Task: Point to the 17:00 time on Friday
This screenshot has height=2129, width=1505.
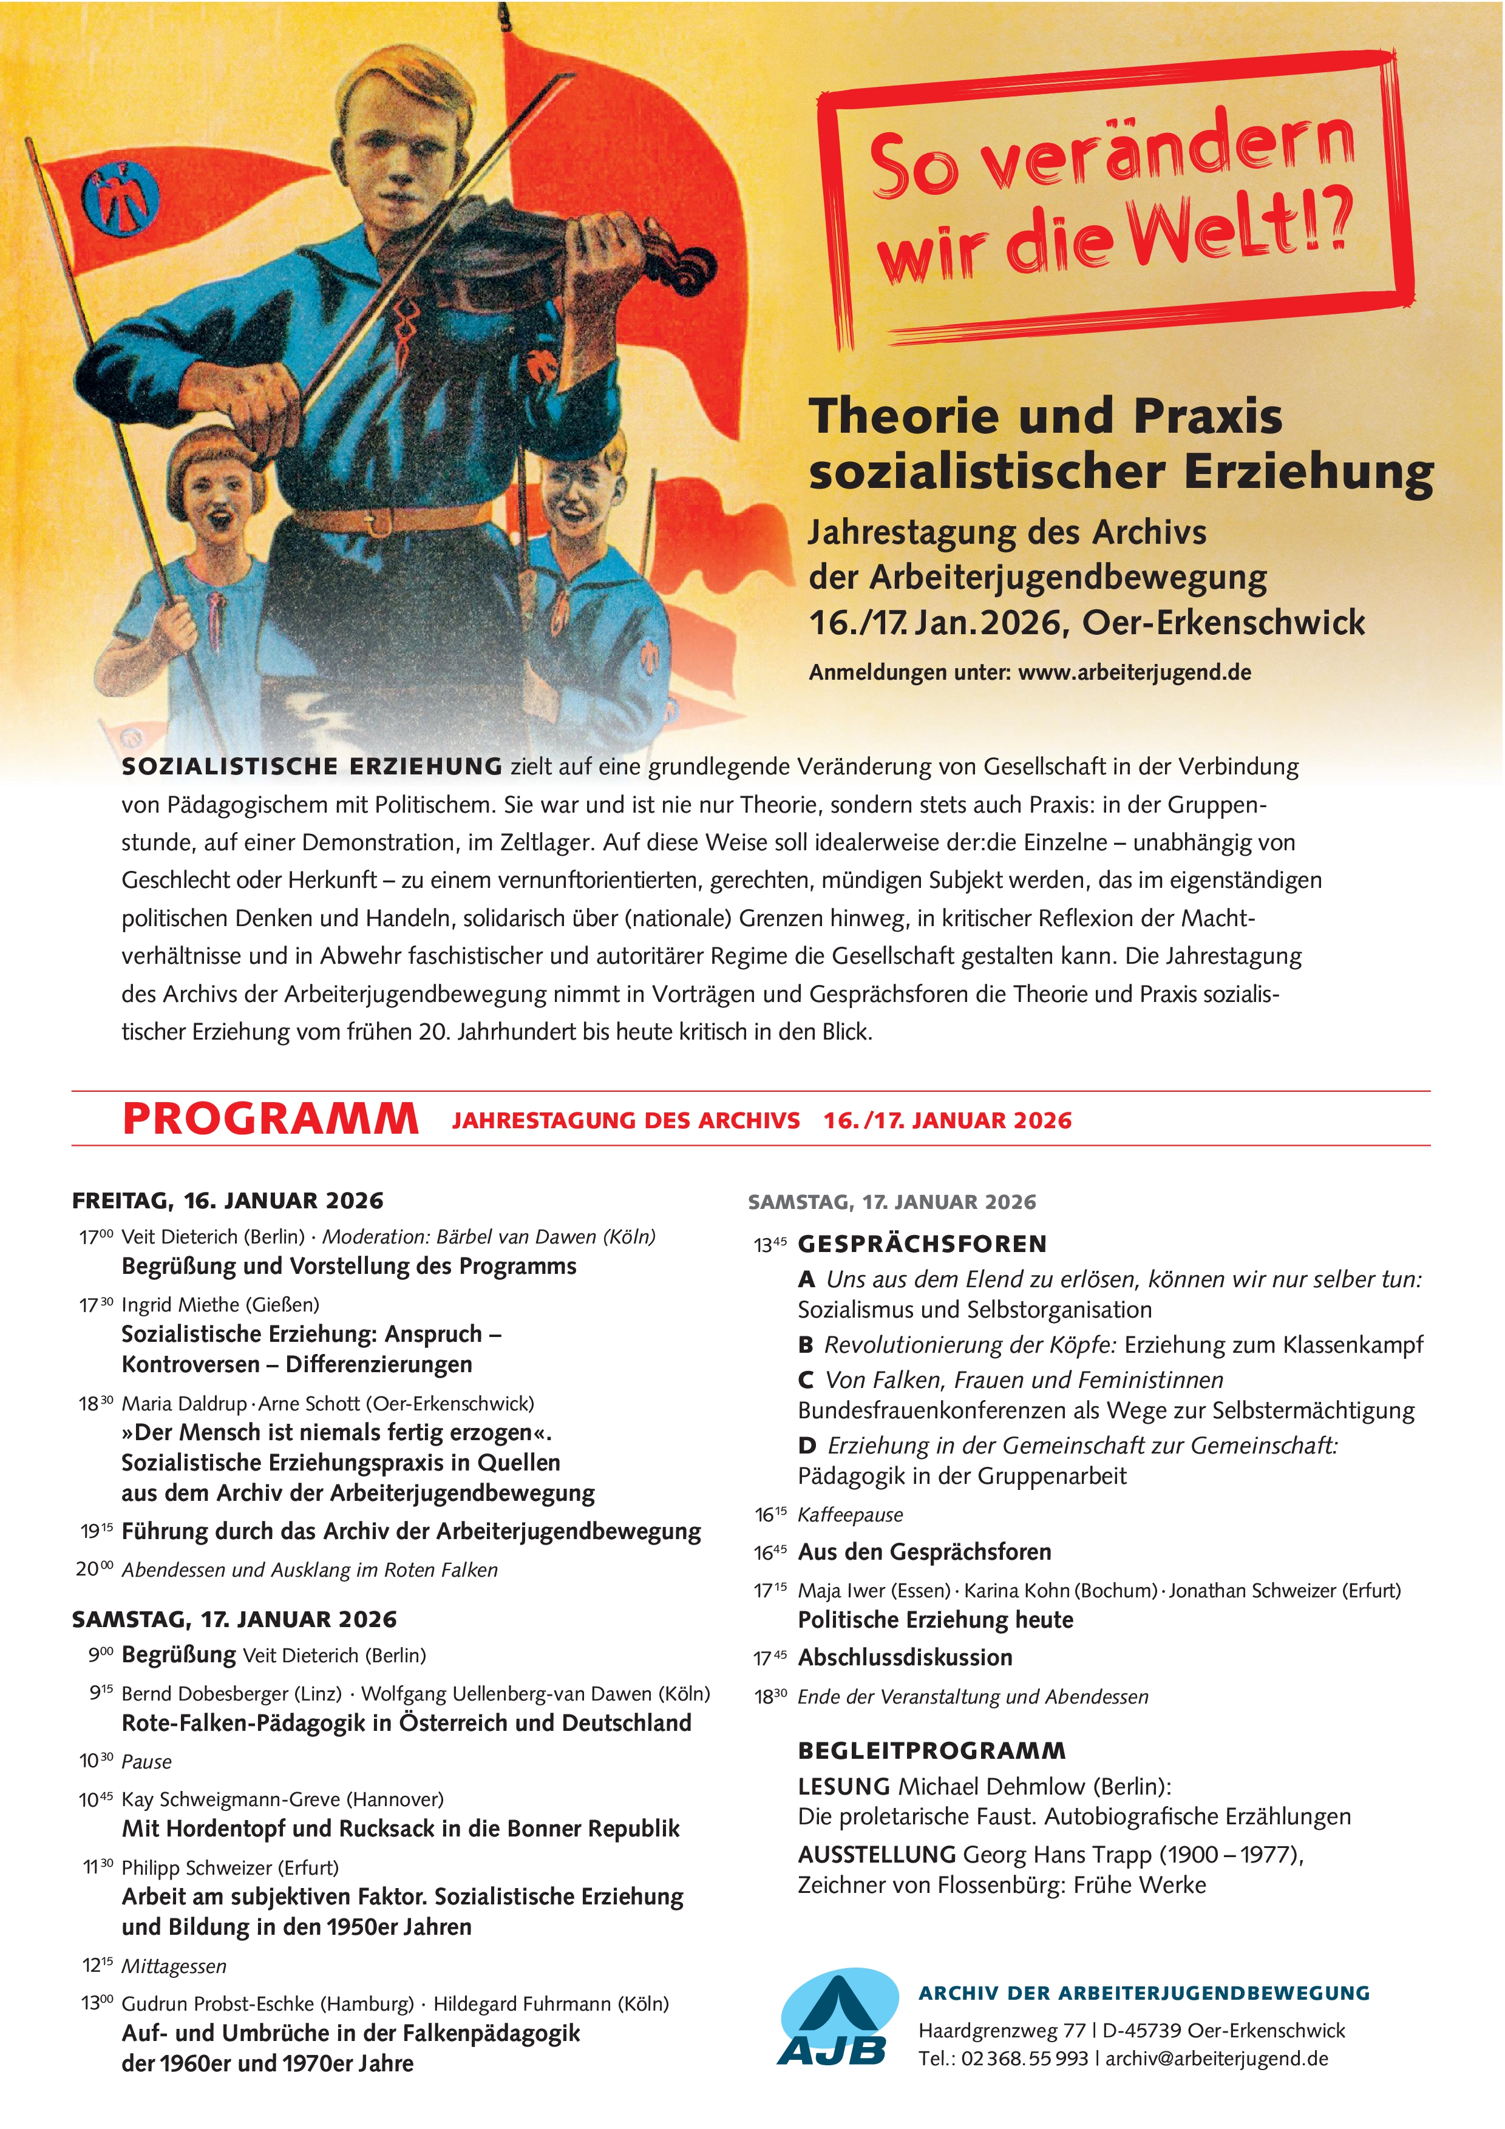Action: pyautogui.click(x=95, y=1237)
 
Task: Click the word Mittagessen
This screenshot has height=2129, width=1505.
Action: pyautogui.click(x=174, y=1966)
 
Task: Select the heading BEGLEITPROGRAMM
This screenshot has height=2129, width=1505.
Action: pyautogui.click(x=931, y=1751)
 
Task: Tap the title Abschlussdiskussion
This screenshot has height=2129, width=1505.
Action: pyautogui.click(x=905, y=1657)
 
